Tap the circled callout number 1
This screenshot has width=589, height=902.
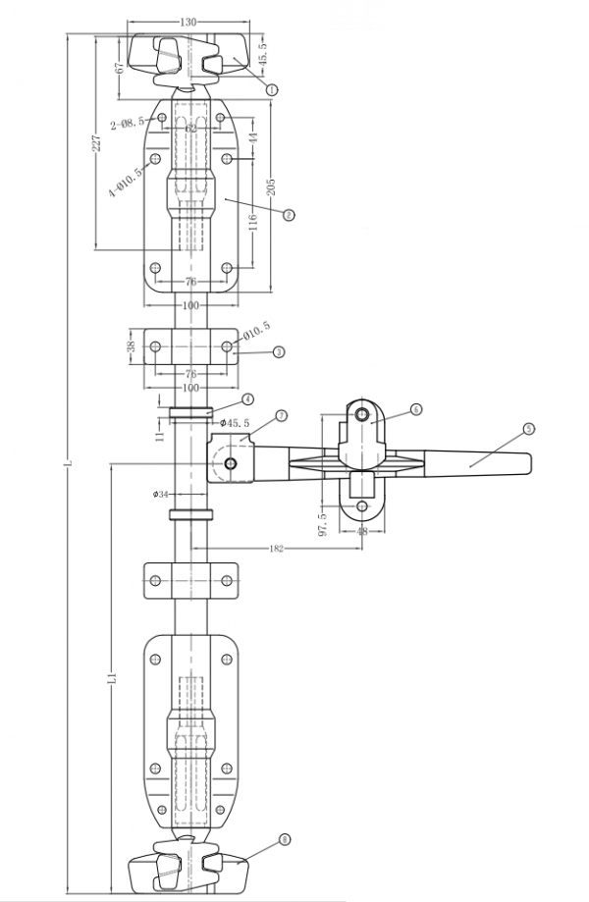click(272, 88)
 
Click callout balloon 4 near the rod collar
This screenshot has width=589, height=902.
click(248, 399)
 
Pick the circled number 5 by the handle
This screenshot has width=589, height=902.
click(529, 429)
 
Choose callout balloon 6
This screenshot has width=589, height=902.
click(416, 408)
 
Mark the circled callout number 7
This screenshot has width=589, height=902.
click(281, 416)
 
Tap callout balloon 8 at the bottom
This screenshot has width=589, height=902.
click(285, 839)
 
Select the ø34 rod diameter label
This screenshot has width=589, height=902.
click(160, 494)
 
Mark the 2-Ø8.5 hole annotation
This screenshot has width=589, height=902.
click(128, 123)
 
